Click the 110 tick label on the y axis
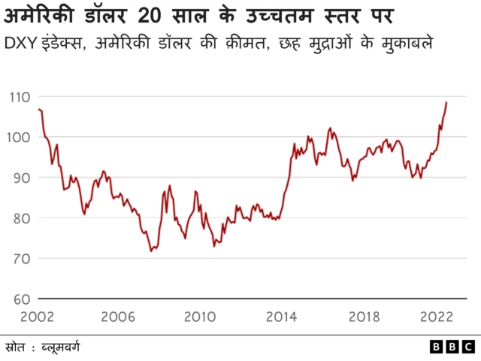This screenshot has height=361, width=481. tap(20, 97)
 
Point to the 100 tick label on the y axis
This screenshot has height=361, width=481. tap(20, 138)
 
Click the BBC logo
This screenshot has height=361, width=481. tap(452, 347)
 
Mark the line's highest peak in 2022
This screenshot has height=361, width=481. tap(446, 102)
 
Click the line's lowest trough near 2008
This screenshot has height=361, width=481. tap(151, 250)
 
